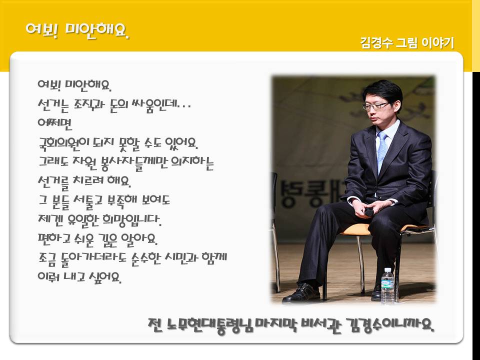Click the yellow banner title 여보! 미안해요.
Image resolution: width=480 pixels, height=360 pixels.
pos(77,30)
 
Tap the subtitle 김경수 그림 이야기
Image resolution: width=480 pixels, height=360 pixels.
pos(407,43)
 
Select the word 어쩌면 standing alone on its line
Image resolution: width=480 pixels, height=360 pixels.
pos(55,123)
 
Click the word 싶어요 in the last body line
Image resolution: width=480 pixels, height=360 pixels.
pos(104,277)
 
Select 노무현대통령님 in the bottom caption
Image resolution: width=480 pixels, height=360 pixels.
pos(210,325)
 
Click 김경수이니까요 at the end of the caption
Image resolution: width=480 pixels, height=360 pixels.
pos(390,325)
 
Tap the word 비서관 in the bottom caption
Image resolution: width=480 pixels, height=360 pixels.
pos(321,325)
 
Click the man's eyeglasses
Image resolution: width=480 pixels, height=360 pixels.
pos(375,106)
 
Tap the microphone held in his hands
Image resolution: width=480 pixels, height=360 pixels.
pos(369,211)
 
